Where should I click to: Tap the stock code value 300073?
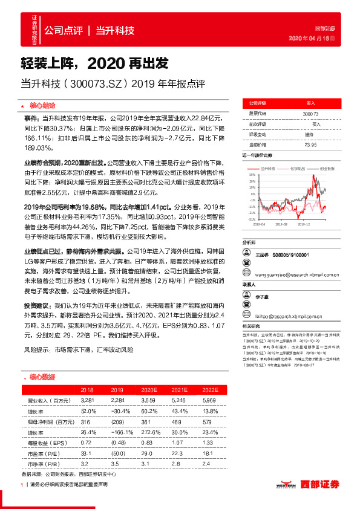tap(310, 114)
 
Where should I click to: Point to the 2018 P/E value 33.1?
tap(87, 453)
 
